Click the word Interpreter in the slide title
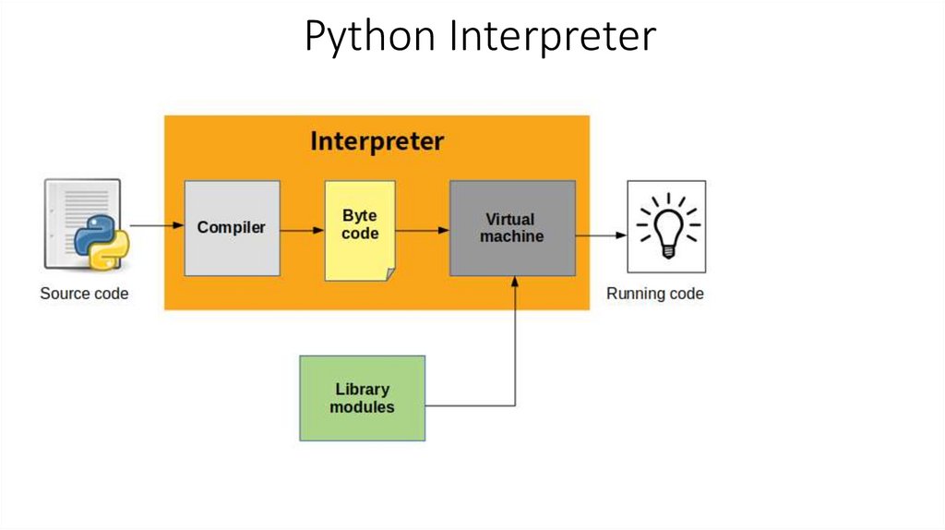tap(553, 37)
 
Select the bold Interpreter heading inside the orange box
tap(377, 141)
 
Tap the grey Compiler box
tap(232, 228)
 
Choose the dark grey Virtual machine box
tap(512, 228)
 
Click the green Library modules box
tap(362, 398)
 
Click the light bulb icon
tap(665, 226)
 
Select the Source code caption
tap(84, 294)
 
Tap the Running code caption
tap(654, 294)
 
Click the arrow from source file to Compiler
tap(156, 225)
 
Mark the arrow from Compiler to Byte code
tap(302, 229)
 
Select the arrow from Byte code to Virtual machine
tap(422, 229)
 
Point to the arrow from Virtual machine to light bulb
tap(601, 235)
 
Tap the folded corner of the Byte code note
tap(389, 273)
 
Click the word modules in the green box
tap(362, 407)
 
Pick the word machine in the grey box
tap(512, 236)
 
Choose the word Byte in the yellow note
tap(360, 216)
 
